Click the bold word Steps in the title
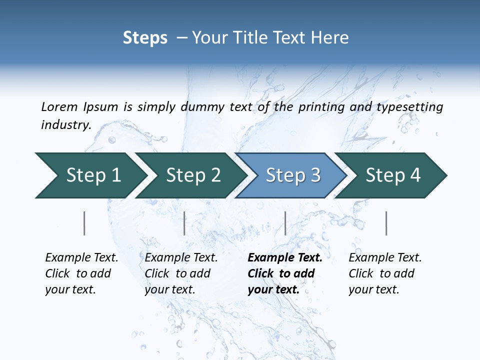(145, 37)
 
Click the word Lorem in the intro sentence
(59, 106)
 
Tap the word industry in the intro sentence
(65, 124)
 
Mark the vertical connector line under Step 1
(84, 223)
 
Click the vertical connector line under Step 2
(184, 223)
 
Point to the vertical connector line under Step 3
(285, 223)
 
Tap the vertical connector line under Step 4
(386, 223)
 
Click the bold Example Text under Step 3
(285, 258)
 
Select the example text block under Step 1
(81, 273)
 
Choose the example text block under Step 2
(181, 273)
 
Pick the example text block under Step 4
(385, 273)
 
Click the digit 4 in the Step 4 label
(415, 175)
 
